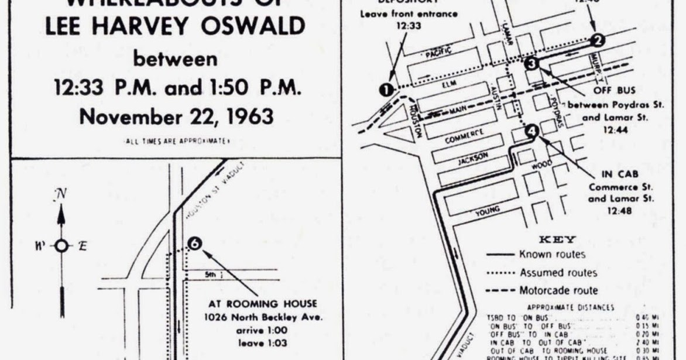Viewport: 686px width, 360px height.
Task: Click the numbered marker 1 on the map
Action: (386, 90)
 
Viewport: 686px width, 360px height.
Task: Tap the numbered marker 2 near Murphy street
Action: (597, 40)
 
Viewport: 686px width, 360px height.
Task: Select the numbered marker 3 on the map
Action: (531, 64)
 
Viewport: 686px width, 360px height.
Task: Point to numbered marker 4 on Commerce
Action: (531, 131)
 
